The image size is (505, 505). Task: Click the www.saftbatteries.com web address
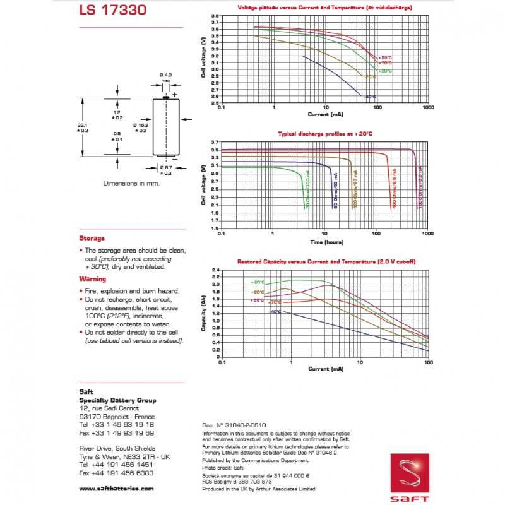(116, 489)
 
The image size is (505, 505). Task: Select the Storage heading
(92, 238)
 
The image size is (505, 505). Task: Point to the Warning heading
(92, 278)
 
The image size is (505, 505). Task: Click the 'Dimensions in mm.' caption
(131, 183)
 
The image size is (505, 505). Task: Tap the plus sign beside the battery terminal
(175, 94)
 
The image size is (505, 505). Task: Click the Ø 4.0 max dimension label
(166, 77)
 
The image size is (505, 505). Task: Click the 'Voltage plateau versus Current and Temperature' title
(324, 8)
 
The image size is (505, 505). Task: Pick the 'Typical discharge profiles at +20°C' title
(324, 134)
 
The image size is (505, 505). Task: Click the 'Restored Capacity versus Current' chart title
(326, 261)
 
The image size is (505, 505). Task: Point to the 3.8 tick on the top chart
(215, 16)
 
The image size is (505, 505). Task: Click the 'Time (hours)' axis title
(325, 241)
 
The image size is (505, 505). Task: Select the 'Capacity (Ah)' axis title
(203, 314)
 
